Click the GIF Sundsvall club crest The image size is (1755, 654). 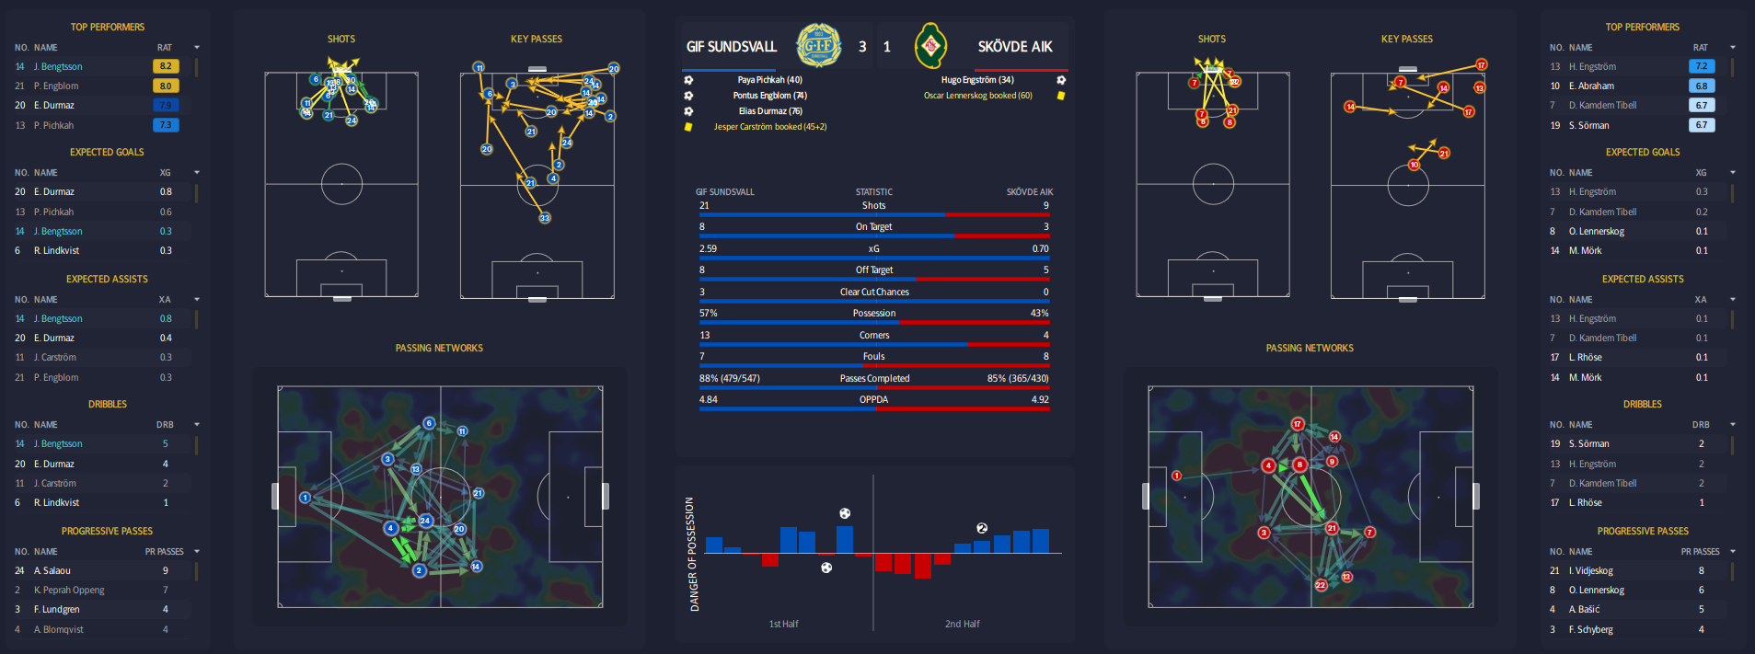817,46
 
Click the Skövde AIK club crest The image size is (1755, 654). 930,46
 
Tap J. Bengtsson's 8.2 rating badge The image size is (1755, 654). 166,66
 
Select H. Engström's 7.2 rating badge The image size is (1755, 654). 1701,66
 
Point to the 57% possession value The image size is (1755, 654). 708,314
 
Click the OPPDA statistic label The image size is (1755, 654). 873,400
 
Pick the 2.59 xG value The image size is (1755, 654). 708,249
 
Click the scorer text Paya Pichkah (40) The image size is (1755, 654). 769,80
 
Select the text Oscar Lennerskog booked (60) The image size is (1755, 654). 977,96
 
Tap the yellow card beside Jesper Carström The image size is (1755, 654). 687,127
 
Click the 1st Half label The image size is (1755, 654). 783,625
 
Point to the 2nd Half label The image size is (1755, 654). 962,625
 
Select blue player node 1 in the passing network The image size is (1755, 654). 305,498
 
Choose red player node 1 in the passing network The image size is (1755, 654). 1176,476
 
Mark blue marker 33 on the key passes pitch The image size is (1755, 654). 545,218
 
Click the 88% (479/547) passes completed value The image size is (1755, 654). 729,379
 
